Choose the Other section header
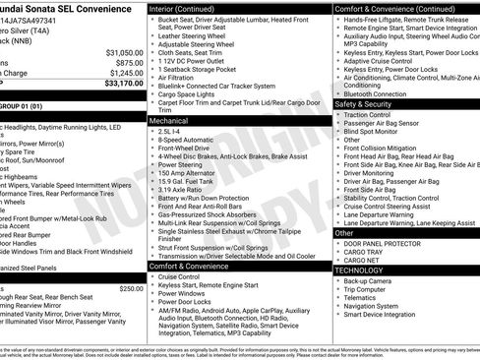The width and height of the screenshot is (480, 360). pos(344,233)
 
